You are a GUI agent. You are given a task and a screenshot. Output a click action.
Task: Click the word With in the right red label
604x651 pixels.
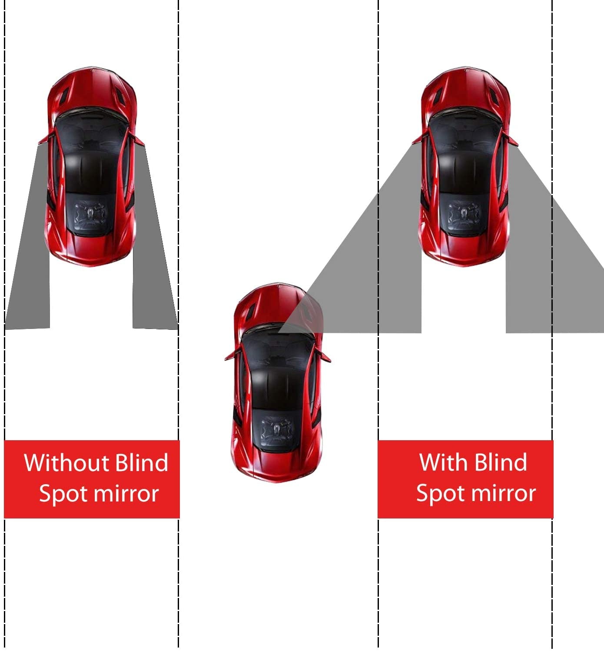point(443,462)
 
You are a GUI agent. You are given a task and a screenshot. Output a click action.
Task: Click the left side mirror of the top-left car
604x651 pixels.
point(43,139)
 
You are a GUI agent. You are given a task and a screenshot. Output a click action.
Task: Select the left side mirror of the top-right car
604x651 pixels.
point(418,140)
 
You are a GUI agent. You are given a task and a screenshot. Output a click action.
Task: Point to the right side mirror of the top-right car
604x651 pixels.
point(513,140)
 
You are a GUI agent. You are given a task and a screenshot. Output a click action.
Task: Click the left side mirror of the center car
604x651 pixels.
point(230,355)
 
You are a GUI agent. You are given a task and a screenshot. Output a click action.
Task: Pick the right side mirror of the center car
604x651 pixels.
point(325,355)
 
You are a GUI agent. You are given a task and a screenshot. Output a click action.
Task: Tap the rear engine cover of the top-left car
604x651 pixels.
point(90,215)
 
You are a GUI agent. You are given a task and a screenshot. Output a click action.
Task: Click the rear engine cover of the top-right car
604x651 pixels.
point(463,215)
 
